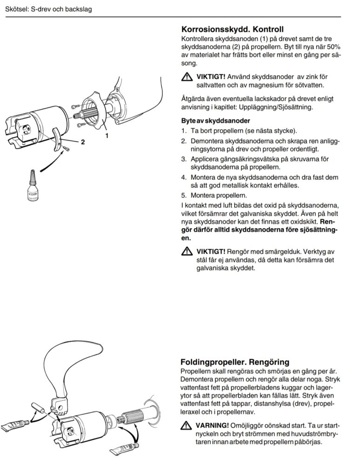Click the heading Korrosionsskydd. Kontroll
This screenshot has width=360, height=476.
[232, 29]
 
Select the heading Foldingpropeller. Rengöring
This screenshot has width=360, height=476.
[234, 362]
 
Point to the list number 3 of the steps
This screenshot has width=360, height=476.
[184, 159]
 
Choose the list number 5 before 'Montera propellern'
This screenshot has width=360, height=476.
[184, 195]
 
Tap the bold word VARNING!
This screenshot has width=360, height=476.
[212, 425]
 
